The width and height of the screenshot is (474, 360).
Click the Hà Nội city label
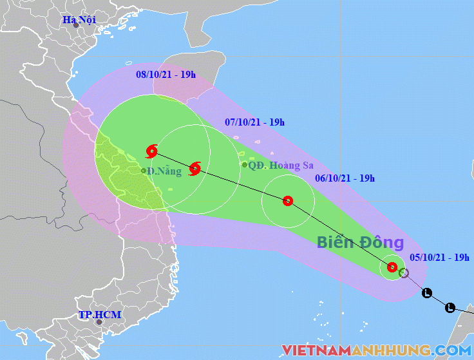pos(79,19)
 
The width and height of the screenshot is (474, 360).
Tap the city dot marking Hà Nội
pos(76,25)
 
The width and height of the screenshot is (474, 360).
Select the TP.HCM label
pos(99,315)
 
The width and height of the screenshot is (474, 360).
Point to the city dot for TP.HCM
pos(99,322)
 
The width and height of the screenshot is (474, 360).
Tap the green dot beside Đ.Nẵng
pos(144,171)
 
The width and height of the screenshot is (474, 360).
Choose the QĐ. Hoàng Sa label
pos(276,165)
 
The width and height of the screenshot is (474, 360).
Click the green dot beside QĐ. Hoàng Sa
pos(245,165)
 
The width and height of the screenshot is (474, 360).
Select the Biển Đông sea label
pos(360,243)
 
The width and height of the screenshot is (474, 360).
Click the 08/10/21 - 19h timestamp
pos(166,75)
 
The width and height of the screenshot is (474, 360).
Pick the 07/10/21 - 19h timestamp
pos(254,122)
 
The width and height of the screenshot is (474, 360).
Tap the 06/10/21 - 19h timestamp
pos(345,178)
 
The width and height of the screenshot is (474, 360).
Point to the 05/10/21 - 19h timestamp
pos(439,258)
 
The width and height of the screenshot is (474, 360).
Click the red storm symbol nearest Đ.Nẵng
pos(152,151)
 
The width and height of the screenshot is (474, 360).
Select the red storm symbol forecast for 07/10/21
pos(195,169)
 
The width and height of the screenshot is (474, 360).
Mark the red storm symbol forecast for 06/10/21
pos(288,201)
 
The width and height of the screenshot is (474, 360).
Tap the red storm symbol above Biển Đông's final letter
pos(392,267)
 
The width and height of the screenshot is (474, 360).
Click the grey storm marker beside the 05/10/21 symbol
pos(404,273)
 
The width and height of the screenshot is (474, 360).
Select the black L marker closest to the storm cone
pos(427,294)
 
